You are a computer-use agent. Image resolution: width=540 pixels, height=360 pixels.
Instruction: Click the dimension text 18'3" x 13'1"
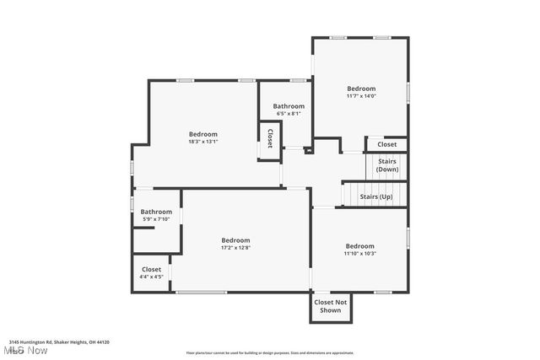pos(202,142)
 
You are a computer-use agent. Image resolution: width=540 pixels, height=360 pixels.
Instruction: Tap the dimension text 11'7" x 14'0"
pos(361,96)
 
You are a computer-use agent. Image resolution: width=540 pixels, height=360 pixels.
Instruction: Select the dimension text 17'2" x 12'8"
pos(235,248)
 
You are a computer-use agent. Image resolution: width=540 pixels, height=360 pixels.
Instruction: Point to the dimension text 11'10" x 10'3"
pos(359,254)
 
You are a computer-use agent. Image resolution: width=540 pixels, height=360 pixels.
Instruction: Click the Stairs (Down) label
pos(387,165)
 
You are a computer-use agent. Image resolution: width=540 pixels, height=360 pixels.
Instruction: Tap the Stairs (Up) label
pos(376,197)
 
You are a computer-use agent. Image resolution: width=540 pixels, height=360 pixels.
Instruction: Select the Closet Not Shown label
pos(330,306)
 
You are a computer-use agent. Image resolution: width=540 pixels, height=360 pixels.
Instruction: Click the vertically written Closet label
pos(270,138)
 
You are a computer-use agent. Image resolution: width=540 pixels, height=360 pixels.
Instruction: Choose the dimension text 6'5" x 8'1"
pos(287,114)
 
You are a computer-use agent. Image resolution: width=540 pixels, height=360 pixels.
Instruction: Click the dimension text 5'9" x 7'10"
pos(156,219)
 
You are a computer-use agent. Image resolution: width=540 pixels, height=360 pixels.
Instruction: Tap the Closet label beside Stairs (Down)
pos(386,144)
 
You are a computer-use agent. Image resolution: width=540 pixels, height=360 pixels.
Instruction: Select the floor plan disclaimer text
pos(270,353)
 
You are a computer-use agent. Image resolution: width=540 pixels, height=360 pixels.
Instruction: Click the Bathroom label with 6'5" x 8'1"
pos(288,106)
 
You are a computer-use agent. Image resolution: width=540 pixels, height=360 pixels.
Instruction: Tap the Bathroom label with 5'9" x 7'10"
pos(156,212)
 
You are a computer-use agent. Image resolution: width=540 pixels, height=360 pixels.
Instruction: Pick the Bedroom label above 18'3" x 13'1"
pos(202,134)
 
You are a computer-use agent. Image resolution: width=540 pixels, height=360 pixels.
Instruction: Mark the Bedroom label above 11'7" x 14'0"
pos(361,89)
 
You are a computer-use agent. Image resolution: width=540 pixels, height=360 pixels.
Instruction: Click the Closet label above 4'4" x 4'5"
pos(152,269)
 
